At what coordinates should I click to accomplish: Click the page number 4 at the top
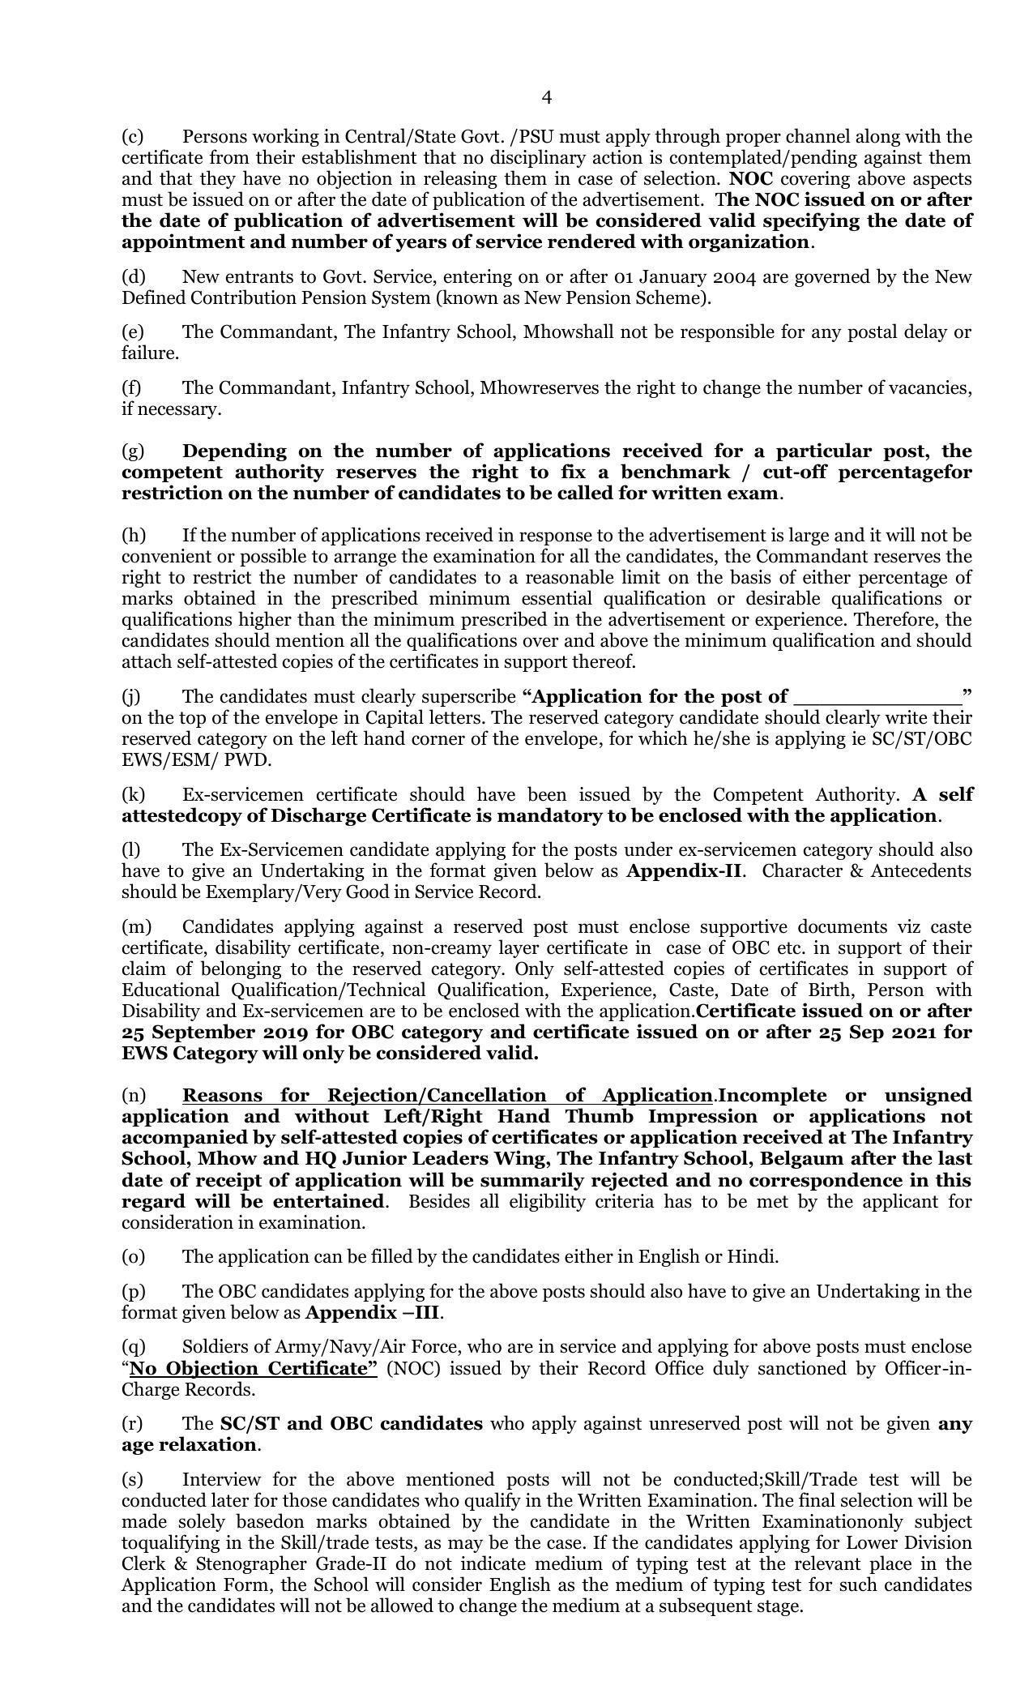[546, 98]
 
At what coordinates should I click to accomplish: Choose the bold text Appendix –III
[374, 1312]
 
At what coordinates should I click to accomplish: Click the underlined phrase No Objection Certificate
[253, 1369]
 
